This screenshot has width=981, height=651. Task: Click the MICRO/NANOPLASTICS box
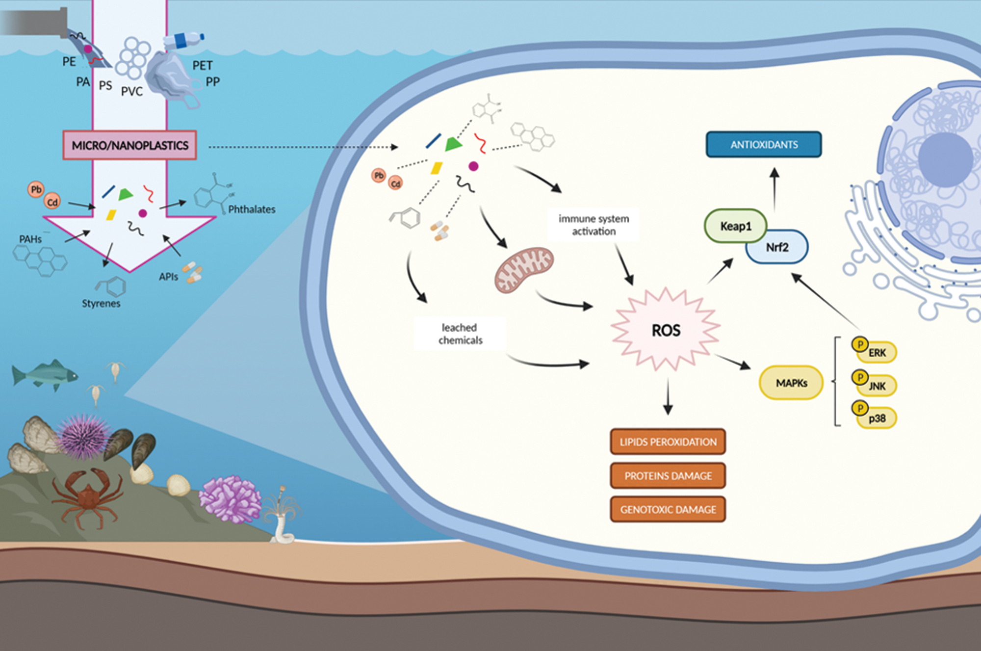[129, 145]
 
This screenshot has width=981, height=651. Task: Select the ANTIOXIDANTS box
[764, 145]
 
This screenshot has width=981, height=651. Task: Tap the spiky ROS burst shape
[666, 330]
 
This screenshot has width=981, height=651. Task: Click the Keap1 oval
[735, 226]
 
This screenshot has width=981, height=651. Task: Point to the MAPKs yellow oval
[791, 383]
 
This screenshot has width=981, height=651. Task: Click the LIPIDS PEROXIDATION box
[668, 442]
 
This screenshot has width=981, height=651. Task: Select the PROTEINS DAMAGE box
[668, 475]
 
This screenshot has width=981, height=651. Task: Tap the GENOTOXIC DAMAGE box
[668, 509]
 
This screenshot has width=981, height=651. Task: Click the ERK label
[878, 353]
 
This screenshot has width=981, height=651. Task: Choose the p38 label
[878, 418]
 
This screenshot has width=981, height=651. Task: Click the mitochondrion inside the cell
[524, 269]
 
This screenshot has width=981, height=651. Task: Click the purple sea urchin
[82, 436]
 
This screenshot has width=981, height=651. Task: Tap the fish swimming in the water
[44, 375]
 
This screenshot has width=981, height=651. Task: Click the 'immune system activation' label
[594, 225]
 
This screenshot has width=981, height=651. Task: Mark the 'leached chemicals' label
[460, 334]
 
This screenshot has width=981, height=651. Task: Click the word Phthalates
[252, 209]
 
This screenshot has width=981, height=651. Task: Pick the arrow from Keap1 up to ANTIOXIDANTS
[774, 189]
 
